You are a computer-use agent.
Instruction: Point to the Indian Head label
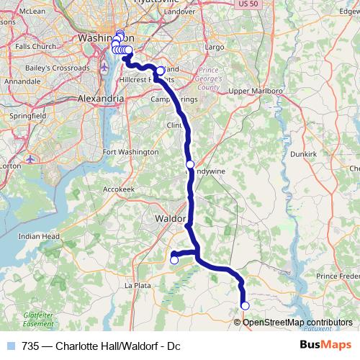point(39,235)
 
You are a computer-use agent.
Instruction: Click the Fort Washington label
point(131,152)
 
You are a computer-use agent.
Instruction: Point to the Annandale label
point(22,82)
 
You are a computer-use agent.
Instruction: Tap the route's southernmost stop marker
point(245,306)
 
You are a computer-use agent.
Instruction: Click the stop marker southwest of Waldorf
point(174,260)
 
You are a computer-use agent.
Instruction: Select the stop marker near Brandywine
point(190,164)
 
